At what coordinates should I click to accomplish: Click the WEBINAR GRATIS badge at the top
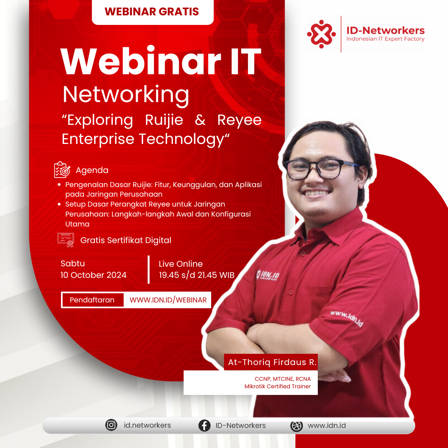click(x=153, y=12)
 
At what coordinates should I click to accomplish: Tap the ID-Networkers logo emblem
click(x=321, y=34)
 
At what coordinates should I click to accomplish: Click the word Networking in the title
click(x=126, y=95)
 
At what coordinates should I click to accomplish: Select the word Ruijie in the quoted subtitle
click(x=164, y=120)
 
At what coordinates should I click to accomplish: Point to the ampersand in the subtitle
click(x=200, y=120)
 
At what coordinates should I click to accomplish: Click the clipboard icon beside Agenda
click(x=62, y=169)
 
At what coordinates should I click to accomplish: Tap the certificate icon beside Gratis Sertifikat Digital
click(x=66, y=240)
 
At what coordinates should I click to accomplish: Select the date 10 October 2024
click(x=93, y=275)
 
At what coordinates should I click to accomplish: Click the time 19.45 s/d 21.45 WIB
click(x=197, y=275)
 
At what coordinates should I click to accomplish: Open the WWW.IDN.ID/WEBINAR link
click(x=168, y=300)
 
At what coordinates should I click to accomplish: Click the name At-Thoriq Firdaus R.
click(x=272, y=362)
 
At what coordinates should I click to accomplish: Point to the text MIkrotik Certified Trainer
click(x=278, y=386)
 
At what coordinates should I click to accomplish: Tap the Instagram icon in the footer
click(x=111, y=425)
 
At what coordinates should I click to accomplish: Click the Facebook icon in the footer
click(x=204, y=425)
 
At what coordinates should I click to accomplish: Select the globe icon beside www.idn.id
click(x=297, y=426)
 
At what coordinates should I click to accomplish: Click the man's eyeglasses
click(x=321, y=169)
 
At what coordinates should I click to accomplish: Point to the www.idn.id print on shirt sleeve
click(x=346, y=318)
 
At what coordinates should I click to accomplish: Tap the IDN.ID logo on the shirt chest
click(x=268, y=275)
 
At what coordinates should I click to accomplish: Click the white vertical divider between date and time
click(x=149, y=270)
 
